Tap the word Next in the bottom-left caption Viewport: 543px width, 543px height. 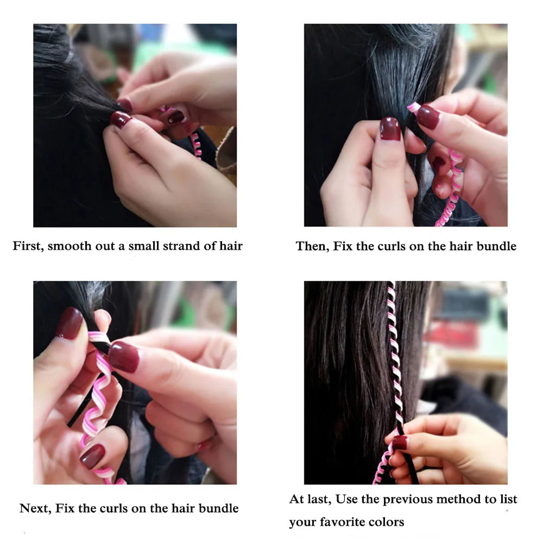pyautogui.click(x=34, y=509)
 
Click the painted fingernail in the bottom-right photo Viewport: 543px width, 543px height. pyautogui.click(x=400, y=442)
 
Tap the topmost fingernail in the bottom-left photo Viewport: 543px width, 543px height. pyautogui.click(x=69, y=323)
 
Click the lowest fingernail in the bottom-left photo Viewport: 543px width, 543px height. pyautogui.click(x=92, y=456)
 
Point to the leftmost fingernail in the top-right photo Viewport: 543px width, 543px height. pyautogui.click(x=390, y=129)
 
